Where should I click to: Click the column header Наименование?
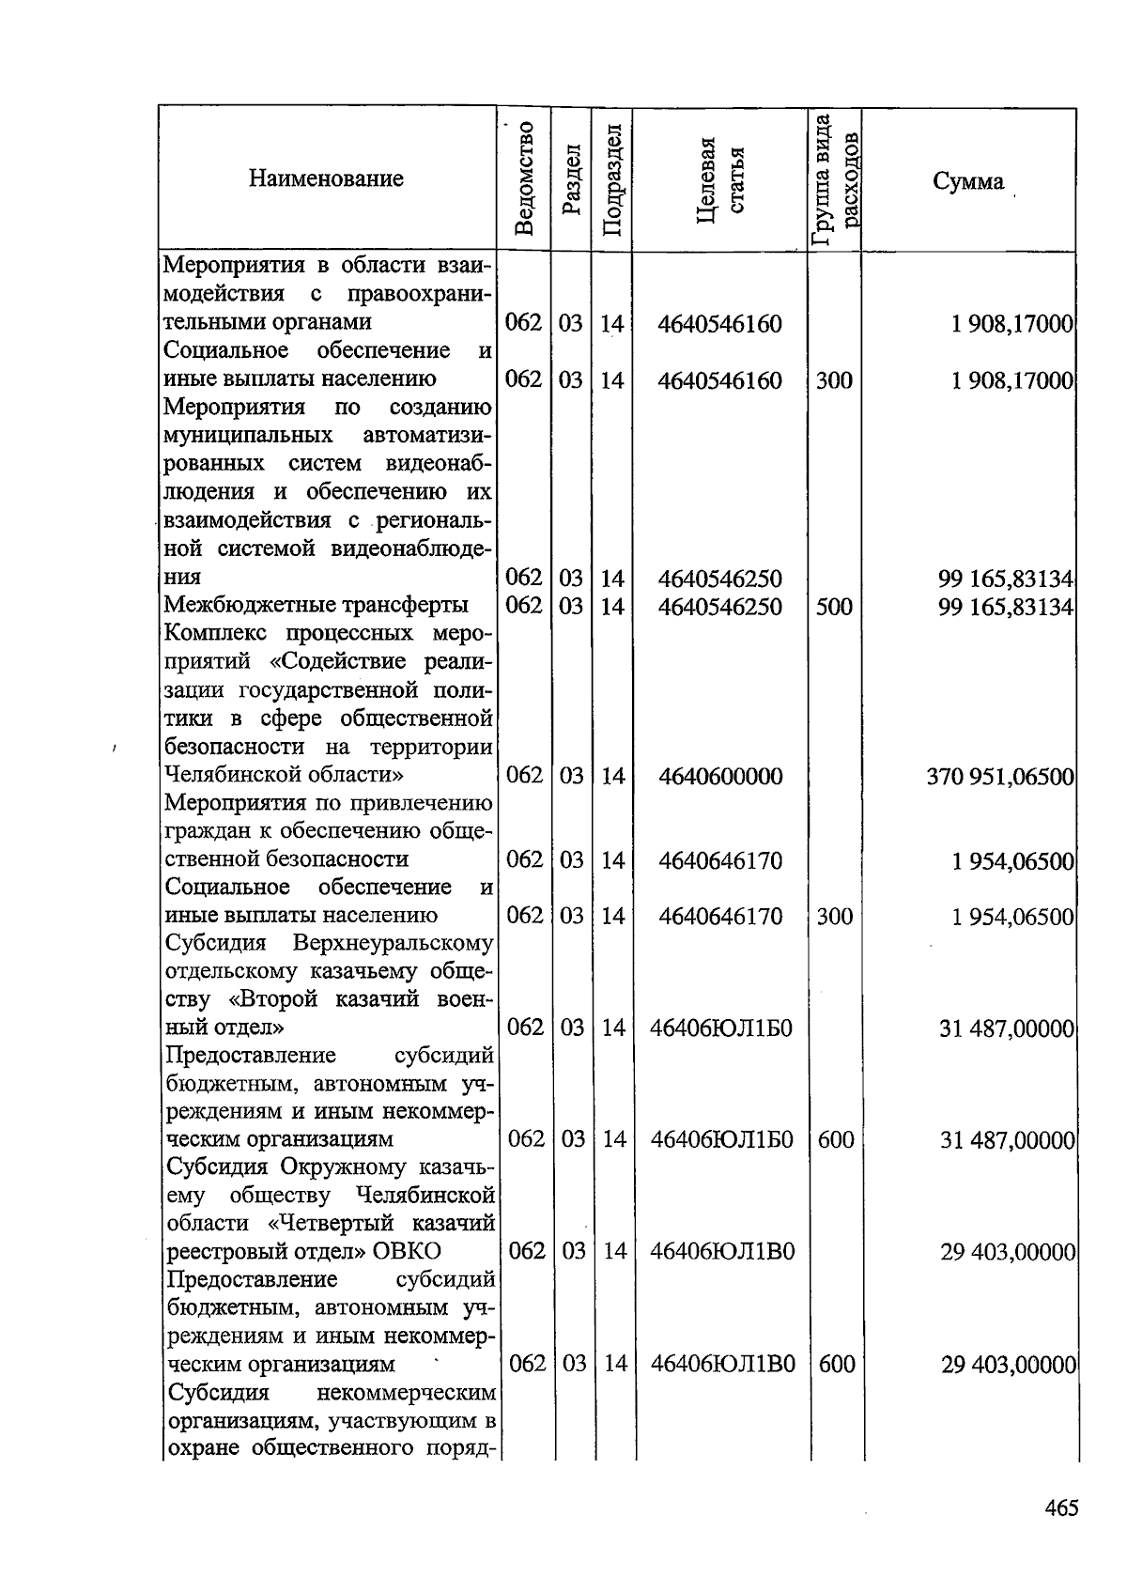click(x=326, y=178)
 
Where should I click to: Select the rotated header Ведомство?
click(x=525, y=178)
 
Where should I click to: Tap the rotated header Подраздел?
click(x=611, y=179)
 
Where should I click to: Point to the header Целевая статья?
click(x=721, y=178)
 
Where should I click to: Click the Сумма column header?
click(x=968, y=181)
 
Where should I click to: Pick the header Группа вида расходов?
click(x=835, y=179)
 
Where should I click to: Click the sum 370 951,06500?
click(x=999, y=777)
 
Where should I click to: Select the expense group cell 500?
click(x=834, y=607)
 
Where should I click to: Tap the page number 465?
click(x=1061, y=1508)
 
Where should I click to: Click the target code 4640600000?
click(x=720, y=777)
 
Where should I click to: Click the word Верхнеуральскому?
click(x=394, y=942)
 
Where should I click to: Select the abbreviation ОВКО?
click(x=407, y=1251)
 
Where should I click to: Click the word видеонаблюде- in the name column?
click(x=412, y=549)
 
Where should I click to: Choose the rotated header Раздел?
click(x=570, y=179)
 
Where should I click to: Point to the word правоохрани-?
click(x=420, y=294)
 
